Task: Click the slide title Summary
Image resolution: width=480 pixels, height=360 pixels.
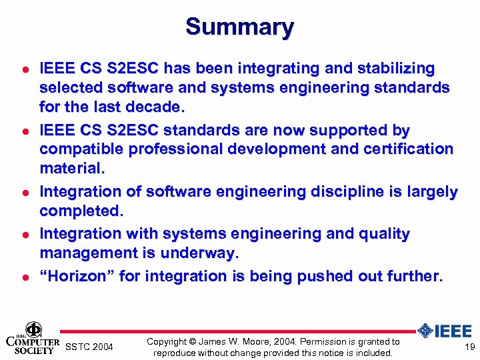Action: pyautogui.click(x=239, y=27)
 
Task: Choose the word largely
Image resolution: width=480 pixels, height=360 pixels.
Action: pyautogui.click(x=433, y=192)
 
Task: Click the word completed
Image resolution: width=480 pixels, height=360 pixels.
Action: pyautogui.click(x=81, y=211)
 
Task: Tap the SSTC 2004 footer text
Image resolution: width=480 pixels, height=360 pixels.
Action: pyautogui.click(x=89, y=347)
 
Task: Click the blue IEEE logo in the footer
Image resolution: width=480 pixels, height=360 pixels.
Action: pyautogui.click(x=445, y=331)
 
